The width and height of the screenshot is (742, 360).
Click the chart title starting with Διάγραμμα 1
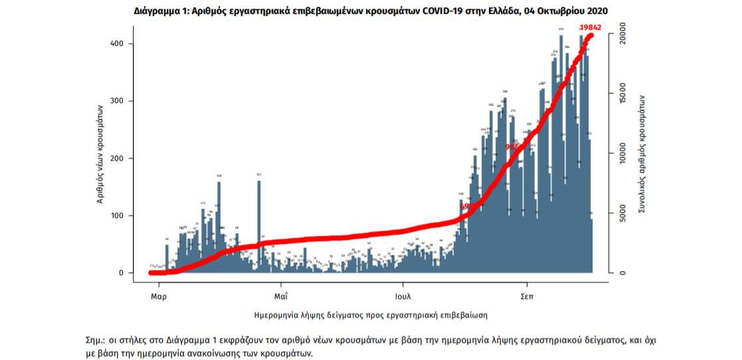[x=371, y=11]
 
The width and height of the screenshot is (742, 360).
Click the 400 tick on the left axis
[x=121, y=44]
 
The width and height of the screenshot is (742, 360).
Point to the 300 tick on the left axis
[x=121, y=101]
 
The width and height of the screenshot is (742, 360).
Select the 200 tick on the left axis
[x=121, y=158]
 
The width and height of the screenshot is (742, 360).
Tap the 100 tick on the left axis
[x=121, y=216]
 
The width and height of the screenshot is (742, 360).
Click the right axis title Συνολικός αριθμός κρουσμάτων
[x=643, y=153]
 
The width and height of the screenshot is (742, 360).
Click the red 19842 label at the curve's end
[x=591, y=27]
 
